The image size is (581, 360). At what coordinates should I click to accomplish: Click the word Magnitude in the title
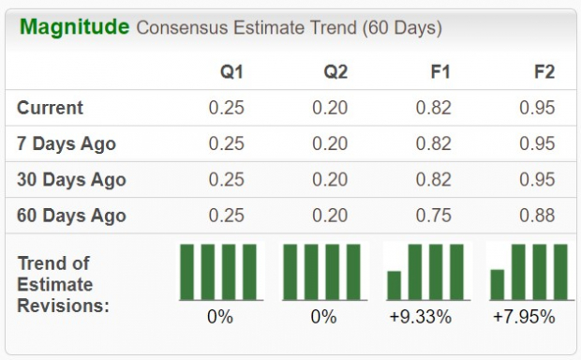(x=74, y=26)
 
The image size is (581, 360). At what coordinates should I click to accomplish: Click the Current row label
(x=51, y=108)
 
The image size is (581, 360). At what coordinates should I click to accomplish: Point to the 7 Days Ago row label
(x=67, y=143)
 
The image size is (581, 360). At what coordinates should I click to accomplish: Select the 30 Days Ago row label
(x=71, y=179)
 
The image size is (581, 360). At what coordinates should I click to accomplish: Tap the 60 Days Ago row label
(x=71, y=215)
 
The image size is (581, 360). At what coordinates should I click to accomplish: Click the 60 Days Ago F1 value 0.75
(x=433, y=215)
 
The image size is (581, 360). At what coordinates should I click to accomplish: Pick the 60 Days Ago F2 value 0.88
(x=536, y=215)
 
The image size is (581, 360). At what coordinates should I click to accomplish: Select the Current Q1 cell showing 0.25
(x=226, y=108)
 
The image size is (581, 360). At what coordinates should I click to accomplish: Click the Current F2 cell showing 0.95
(x=536, y=108)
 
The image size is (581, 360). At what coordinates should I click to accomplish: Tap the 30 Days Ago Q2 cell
(x=329, y=179)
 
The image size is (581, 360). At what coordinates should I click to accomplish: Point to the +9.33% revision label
(x=421, y=317)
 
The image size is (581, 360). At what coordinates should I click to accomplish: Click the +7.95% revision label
(x=524, y=317)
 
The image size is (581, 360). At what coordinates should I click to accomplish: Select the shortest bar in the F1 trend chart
(x=395, y=284)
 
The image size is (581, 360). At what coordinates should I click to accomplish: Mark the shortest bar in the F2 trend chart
(x=498, y=284)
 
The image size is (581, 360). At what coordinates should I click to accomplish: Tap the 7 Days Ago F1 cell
(x=433, y=143)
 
